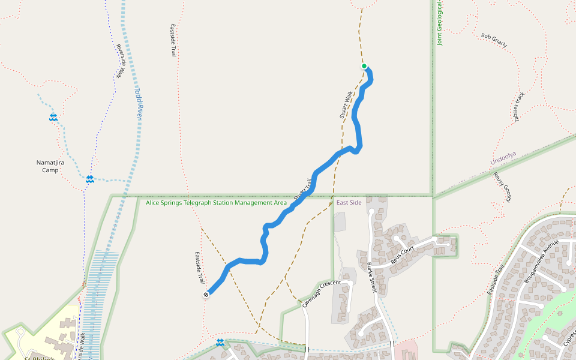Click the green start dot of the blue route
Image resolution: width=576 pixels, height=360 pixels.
point(364,66)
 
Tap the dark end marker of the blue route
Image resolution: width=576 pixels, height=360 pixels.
point(206,294)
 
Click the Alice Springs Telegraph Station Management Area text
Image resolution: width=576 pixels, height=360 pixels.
point(216,203)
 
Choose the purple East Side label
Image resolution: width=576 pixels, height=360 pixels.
point(349,203)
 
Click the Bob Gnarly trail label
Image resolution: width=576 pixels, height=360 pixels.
point(494,41)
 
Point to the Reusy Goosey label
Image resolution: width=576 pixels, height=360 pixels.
point(502,187)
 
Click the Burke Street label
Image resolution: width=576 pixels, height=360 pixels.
point(370,277)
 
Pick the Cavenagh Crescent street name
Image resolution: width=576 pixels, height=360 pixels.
point(322,293)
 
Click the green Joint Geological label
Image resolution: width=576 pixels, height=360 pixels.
point(440,24)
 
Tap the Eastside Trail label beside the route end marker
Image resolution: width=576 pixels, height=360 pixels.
point(199,268)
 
